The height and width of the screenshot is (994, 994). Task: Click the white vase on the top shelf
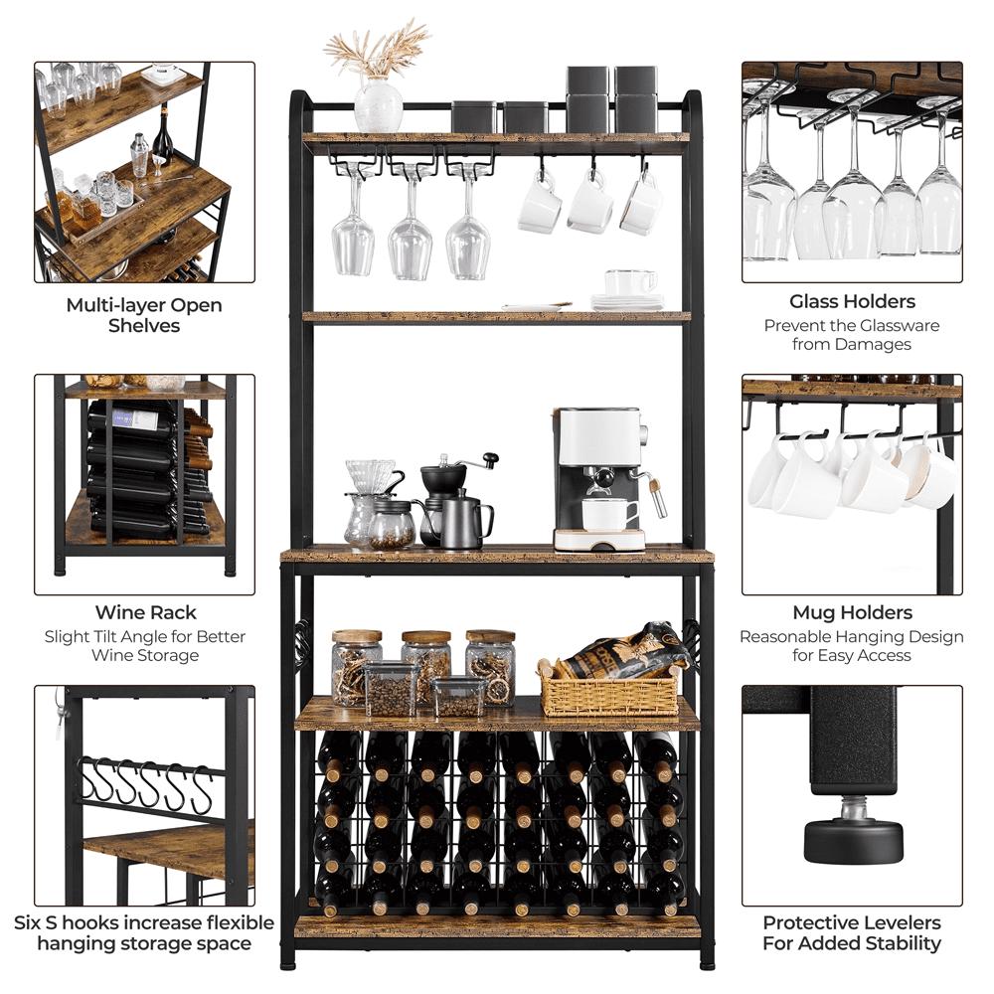[379, 105]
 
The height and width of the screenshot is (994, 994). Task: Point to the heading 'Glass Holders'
[852, 301]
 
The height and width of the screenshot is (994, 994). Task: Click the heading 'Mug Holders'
[852, 612]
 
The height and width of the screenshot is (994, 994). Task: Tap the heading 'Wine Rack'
[145, 612]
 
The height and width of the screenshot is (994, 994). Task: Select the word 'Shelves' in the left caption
[144, 326]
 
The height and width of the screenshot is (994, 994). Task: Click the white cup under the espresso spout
[609, 514]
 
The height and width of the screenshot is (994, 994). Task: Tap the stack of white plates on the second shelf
[627, 302]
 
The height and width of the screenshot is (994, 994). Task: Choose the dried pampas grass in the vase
[378, 50]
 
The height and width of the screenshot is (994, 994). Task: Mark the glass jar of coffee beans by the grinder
[391, 525]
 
